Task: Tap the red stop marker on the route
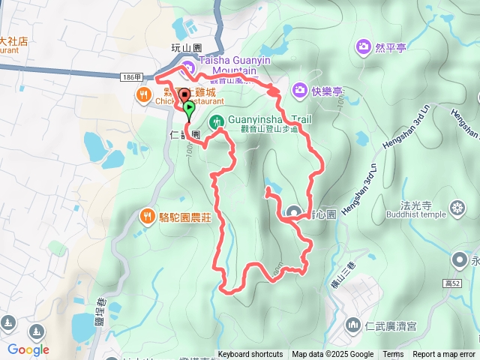tap(184, 95)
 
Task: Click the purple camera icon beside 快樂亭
tap(299, 91)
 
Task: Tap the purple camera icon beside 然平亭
tap(364, 47)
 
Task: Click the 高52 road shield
tap(451, 283)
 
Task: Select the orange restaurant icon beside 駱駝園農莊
tap(147, 217)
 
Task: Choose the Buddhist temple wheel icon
tap(457, 207)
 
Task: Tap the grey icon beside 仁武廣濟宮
tap(352, 325)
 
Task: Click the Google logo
tap(28, 349)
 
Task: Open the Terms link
tap(393, 355)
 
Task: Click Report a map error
tap(444, 355)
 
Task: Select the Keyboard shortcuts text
tap(250, 355)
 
